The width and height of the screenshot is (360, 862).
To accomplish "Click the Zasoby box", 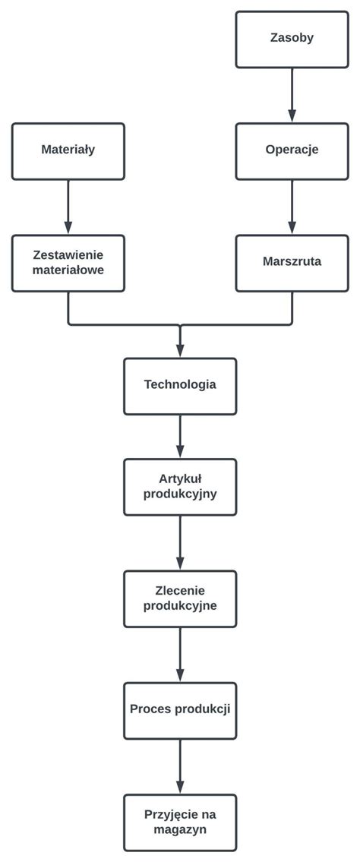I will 292,39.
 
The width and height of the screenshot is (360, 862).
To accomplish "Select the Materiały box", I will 68,150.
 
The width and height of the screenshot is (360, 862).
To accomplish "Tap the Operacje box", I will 292,150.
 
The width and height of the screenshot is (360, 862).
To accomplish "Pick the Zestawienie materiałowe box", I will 68,263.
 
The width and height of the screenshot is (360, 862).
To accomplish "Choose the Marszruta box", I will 292,262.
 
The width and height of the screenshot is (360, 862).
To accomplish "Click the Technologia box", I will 180,385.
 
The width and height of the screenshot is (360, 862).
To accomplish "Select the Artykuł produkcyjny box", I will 180,486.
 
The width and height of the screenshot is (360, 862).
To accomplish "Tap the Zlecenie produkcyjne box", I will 180,598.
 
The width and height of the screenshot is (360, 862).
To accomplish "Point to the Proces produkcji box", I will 180,710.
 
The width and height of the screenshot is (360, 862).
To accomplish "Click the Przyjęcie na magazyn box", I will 180,822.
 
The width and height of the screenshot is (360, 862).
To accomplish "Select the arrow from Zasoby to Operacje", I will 292,95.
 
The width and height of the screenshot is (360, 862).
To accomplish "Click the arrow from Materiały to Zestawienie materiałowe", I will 68,207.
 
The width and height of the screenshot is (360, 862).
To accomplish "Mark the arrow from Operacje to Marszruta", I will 292,207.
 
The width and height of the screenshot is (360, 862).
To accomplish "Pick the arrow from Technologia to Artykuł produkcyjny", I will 180,436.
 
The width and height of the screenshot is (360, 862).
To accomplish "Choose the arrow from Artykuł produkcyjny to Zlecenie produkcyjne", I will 180,542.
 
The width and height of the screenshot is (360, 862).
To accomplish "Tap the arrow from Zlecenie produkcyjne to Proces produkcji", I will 180,654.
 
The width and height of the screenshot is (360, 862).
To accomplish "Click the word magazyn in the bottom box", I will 180,830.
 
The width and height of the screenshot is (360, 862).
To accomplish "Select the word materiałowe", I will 68,270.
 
